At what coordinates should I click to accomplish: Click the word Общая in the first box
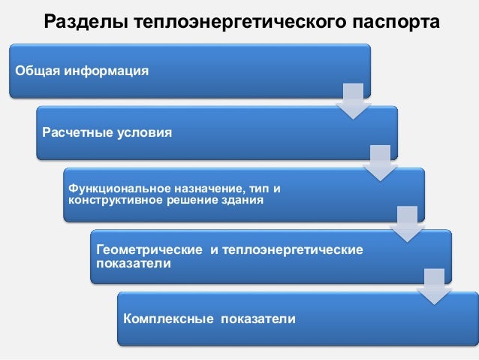point(35,71)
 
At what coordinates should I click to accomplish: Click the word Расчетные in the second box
point(76,133)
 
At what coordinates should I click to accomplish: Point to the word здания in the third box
point(243,200)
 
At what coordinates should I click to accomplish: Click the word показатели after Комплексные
point(258,319)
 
